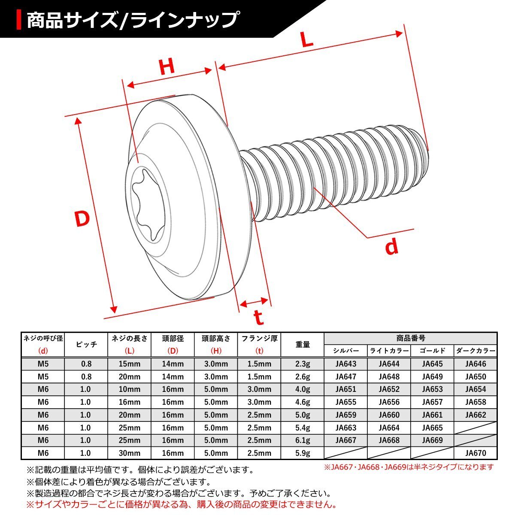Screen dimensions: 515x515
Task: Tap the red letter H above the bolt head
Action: [167, 67]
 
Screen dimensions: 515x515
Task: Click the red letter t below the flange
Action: [258, 318]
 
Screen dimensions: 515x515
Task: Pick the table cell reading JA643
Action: [346, 364]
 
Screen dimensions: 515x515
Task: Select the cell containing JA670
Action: [475, 453]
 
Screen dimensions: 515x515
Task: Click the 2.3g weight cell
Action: [303, 364]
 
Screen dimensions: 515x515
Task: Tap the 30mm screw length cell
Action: [130, 453]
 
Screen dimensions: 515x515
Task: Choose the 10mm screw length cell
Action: [130, 389]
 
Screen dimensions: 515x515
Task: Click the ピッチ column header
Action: [86, 344]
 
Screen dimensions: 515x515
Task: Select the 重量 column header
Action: [303, 344]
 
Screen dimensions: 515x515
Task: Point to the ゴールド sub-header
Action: [432, 351]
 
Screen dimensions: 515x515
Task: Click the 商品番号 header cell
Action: [410, 338]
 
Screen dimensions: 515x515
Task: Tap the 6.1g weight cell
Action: [303, 440]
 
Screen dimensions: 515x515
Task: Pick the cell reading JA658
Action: [475, 402]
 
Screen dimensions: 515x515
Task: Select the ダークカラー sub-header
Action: [475, 351]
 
